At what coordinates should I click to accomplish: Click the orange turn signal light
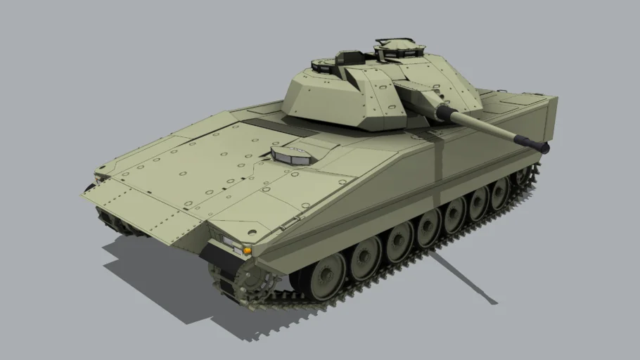247,250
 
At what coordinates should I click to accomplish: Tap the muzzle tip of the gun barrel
542,146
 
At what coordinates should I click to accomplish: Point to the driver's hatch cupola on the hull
290,155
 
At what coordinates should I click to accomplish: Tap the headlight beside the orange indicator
231,243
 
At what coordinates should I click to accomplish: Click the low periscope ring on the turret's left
325,67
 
